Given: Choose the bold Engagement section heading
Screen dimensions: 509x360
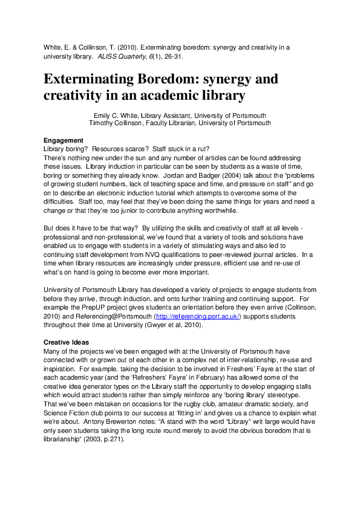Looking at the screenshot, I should coord(64,140).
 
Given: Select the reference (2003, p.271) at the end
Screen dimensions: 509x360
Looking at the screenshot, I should coord(107,440).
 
